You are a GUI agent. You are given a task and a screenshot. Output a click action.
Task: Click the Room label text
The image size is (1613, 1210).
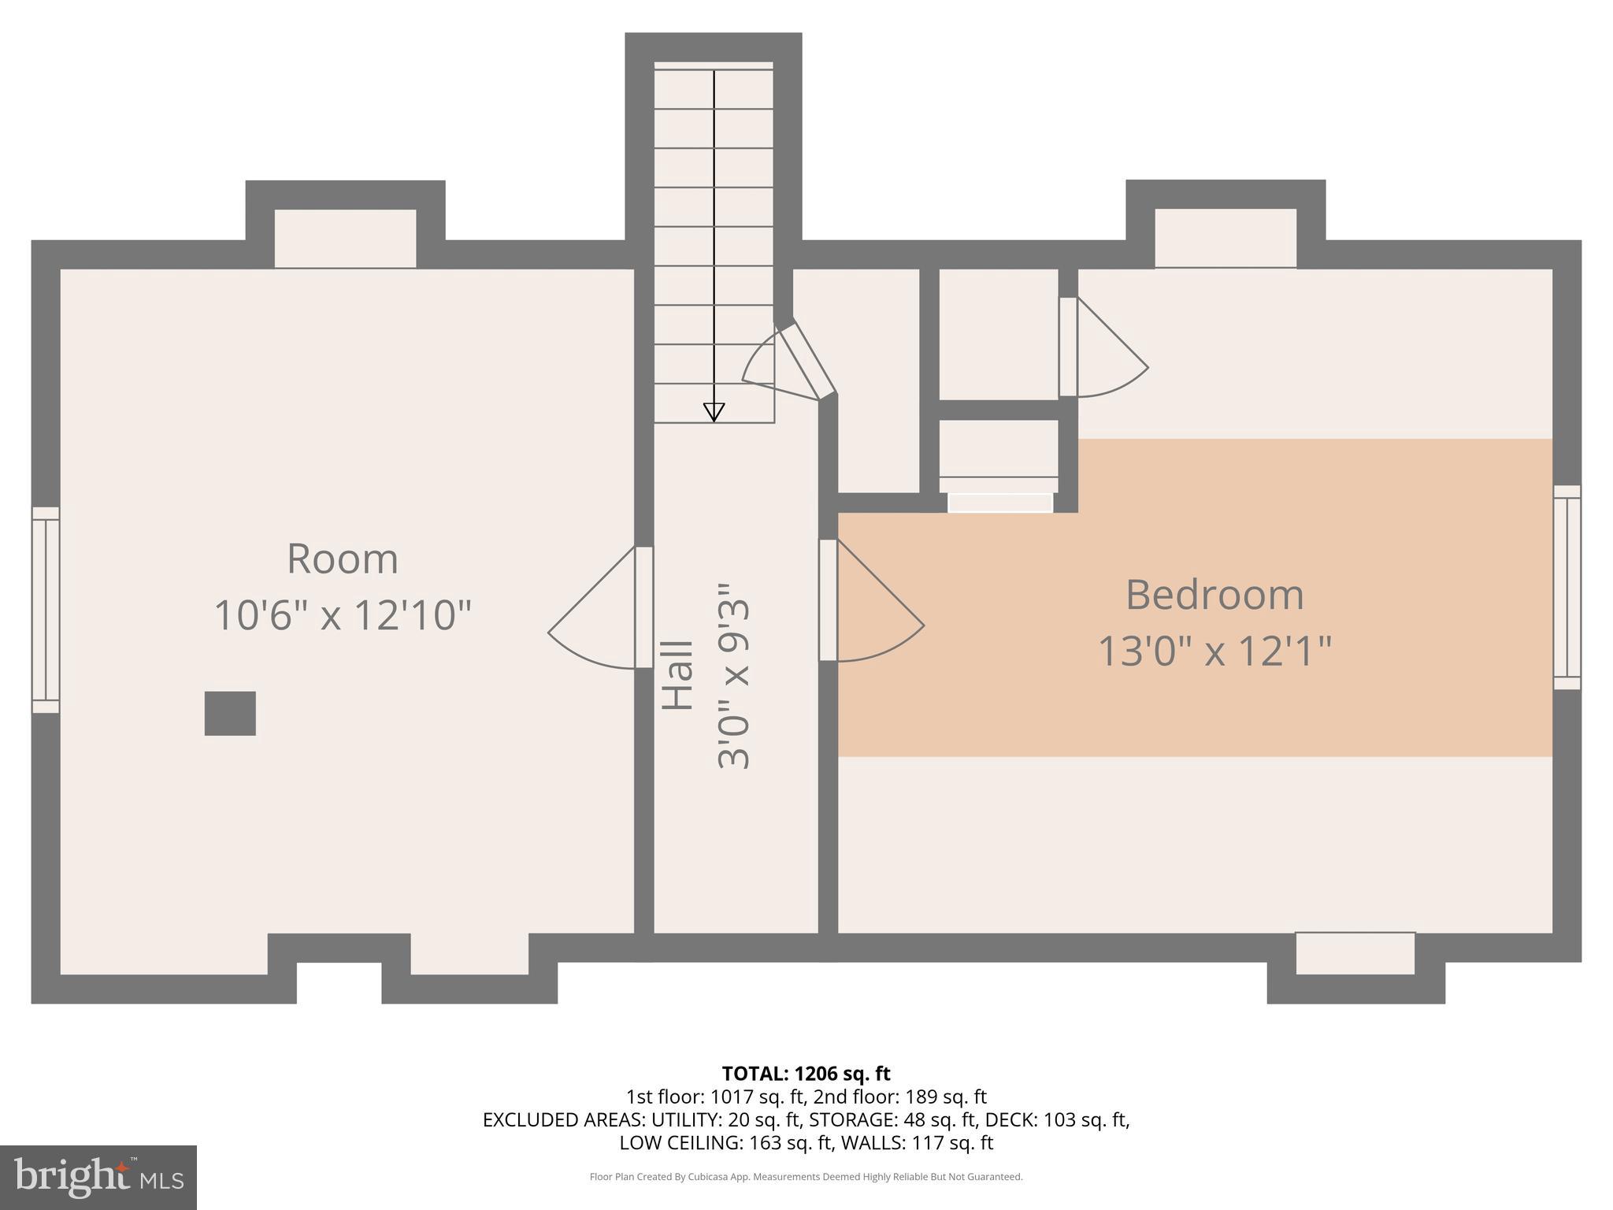[343, 559]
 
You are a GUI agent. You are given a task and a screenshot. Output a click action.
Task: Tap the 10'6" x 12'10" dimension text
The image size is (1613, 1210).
[343, 615]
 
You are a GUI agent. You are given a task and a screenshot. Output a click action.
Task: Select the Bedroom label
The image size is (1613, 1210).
[1214, 595]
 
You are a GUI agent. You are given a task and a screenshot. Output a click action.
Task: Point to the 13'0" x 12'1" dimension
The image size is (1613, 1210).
[1214, 651]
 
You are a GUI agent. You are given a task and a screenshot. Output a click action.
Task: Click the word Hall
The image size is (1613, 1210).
[677, 675]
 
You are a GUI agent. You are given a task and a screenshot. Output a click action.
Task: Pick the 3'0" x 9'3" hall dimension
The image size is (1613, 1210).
[734, 676]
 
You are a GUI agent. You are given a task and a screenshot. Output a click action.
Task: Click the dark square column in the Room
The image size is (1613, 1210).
[230, 713]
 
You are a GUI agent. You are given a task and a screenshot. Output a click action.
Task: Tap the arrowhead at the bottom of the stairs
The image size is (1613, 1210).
[714, 412]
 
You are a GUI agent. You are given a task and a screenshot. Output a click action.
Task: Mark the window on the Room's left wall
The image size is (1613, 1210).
[46, 610]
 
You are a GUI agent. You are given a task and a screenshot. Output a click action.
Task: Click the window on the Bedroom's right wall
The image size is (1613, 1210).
[1567, 587]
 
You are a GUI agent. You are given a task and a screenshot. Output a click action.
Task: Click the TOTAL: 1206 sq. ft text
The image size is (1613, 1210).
[806, 1074]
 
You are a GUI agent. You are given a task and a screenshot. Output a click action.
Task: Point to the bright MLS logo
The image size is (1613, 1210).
[98, 1177]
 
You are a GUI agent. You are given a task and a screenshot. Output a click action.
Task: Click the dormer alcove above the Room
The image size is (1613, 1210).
[345, 238]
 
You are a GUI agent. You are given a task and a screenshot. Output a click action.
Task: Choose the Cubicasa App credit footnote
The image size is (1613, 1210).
[806, 1177]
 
